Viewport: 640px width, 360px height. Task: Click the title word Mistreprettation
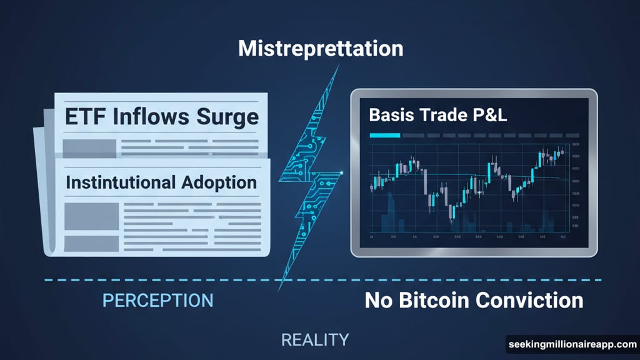[x=320, y=48]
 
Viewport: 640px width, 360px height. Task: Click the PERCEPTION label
[x=157, y=300]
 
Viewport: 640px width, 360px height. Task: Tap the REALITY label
[x=314, y=340]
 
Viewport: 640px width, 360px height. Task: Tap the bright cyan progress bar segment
[x=384, y=135]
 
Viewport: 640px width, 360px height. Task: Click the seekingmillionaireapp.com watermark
[x=571, y=345]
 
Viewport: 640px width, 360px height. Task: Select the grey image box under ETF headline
[x=89, y=148]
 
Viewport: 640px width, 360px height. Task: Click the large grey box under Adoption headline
[x=91, y=216]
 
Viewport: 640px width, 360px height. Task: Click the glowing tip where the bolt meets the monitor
[x=342, y=171]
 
